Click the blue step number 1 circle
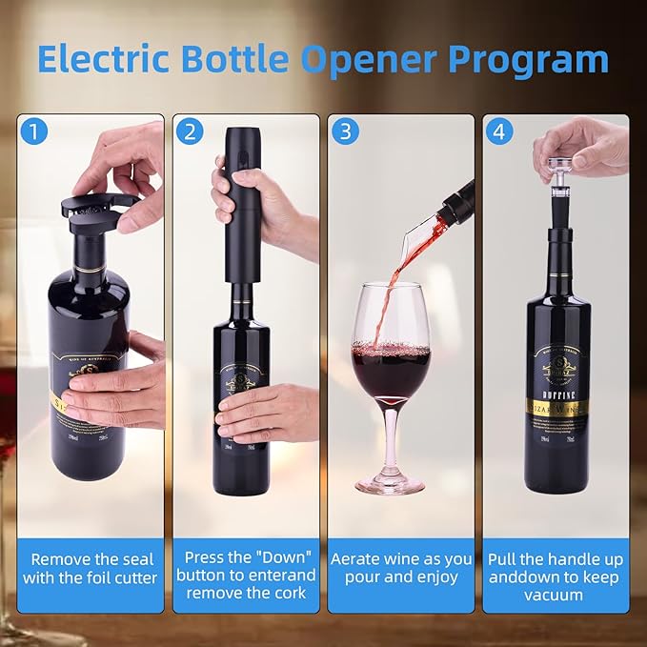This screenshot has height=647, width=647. [36, 131]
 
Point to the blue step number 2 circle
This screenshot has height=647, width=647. [190, 131]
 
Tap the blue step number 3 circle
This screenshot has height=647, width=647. [345, 131]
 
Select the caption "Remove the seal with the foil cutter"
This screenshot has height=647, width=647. [93, 568]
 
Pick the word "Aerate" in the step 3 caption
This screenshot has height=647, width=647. [360, 559]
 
